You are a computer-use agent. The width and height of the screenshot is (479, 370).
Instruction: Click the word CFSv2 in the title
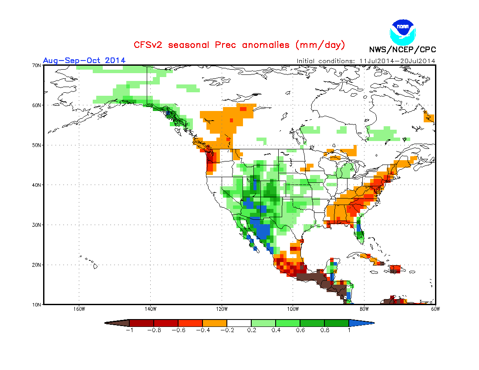[148, 45]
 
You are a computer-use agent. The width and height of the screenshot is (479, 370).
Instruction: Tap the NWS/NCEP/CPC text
[402, 49]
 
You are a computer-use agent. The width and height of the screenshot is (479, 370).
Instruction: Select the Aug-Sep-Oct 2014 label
[84, 60]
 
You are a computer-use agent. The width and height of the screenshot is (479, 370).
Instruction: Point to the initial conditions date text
[366, 61]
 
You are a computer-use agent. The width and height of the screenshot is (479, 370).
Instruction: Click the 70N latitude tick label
[37, 65]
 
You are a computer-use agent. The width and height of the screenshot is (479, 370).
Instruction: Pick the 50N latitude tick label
[37, 145]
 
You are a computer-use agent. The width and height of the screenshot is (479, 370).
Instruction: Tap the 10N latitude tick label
[37, 304]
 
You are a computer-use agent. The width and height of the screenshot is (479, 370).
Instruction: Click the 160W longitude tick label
[79, 309]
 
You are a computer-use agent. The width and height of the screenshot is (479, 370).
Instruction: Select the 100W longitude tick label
[293, 309]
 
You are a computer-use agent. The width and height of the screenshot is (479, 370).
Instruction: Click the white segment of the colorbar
[239, 323]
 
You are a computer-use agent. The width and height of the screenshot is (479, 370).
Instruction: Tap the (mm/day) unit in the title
[320, 45]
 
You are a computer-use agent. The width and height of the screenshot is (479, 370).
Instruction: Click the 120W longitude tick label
[222, 309]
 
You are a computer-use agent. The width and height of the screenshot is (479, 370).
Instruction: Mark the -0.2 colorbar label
[226, 330]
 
